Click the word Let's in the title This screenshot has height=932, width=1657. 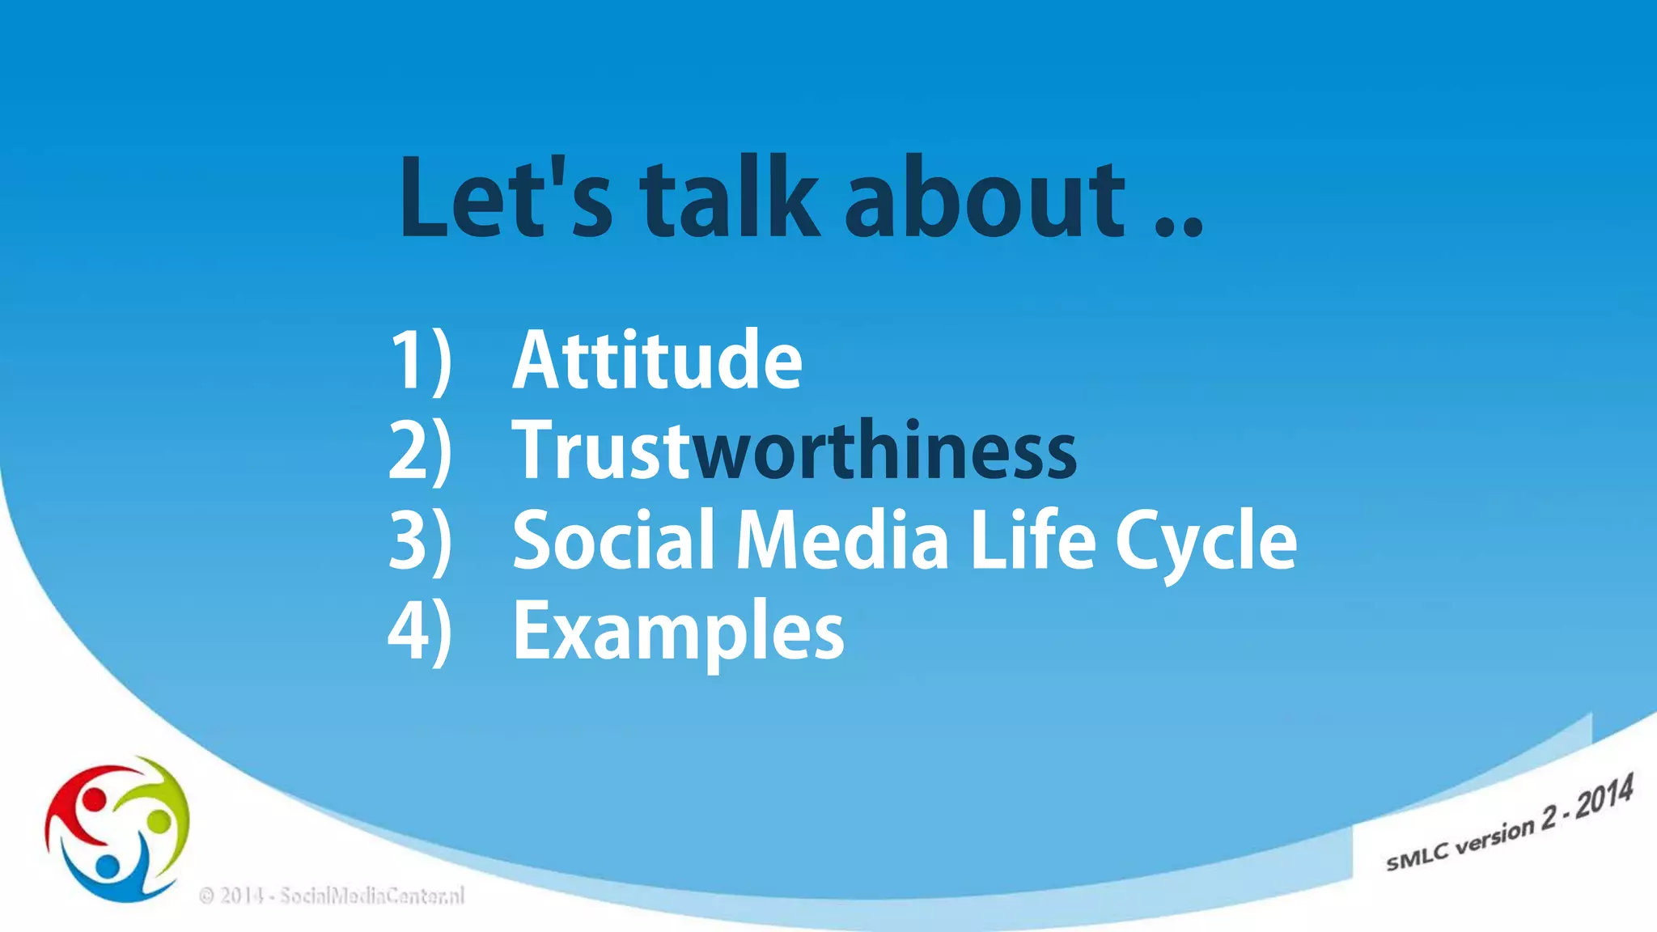tap(506, 198)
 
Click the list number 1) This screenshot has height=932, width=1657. tap(420, 361)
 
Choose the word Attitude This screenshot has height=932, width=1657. tap(657, 361)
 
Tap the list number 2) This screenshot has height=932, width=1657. tap(420, 451)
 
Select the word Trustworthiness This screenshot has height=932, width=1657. tap(795, 451)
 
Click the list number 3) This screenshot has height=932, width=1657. tap(420, 540)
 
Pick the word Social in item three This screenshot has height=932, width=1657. tap(614, 540)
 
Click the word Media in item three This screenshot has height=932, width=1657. tap(841, 540)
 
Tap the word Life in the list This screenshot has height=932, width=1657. tap(1032, 540)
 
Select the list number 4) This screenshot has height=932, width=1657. tap(420, 630)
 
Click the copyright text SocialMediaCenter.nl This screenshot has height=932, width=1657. tap(332, 896)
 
